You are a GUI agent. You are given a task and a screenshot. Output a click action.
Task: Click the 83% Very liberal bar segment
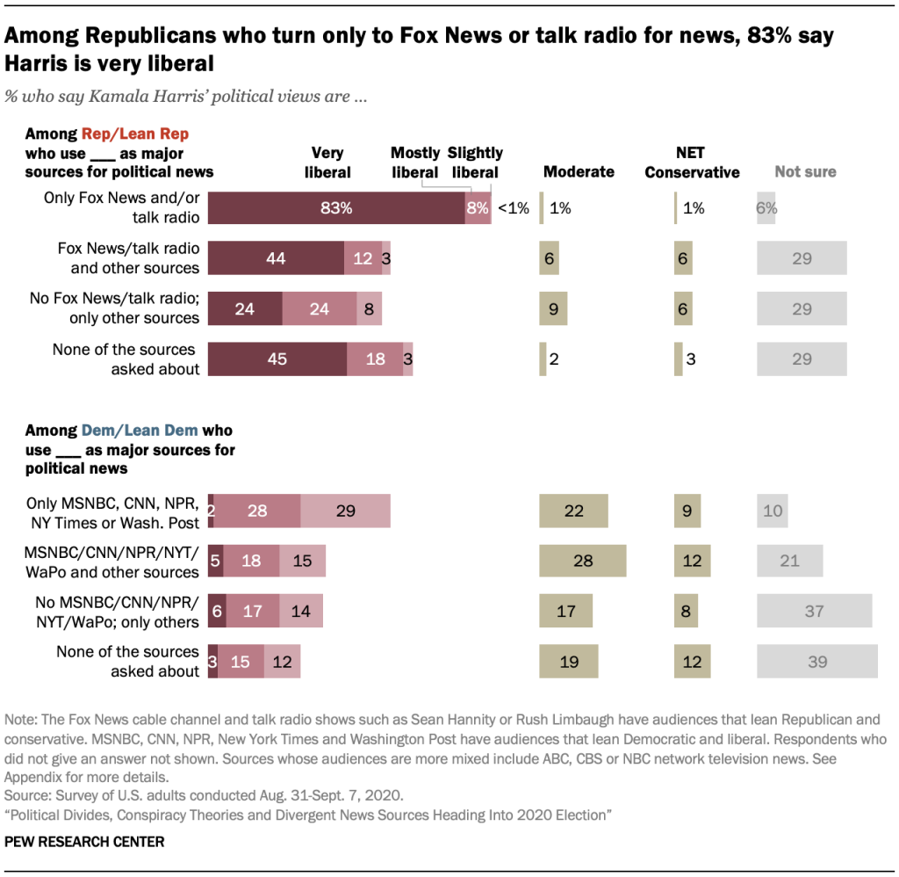(x=336, y=208)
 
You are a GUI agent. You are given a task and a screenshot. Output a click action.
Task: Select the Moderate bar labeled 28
(x=582, y=561)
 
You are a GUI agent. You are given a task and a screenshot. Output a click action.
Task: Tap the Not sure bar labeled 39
(x=817, y=662)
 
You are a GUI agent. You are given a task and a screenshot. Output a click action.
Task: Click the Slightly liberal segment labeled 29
(x=345, y=511)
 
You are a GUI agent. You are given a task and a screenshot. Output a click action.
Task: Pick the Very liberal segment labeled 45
(x=277, y=359)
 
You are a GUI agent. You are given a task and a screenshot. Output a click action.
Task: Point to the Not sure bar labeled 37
(x=814, y=612)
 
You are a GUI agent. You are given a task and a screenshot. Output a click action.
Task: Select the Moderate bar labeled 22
(x=573, y=511)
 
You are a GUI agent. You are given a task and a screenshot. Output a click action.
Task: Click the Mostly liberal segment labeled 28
(x=257, y=511)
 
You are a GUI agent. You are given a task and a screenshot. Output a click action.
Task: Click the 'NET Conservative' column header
(x=692, y=163)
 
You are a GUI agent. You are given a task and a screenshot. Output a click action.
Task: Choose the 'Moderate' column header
(x=579, y=172)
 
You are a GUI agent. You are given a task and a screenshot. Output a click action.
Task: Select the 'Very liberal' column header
(x=327, y=163)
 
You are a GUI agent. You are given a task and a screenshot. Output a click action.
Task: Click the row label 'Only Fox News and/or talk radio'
(x=122, y=208)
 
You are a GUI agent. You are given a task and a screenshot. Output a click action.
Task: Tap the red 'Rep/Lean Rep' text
(x=135, y=134)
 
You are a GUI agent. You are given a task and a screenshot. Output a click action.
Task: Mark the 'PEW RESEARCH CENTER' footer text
(x=83, y=842)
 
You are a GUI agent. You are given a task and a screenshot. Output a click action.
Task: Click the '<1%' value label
(x=514, y=209)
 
